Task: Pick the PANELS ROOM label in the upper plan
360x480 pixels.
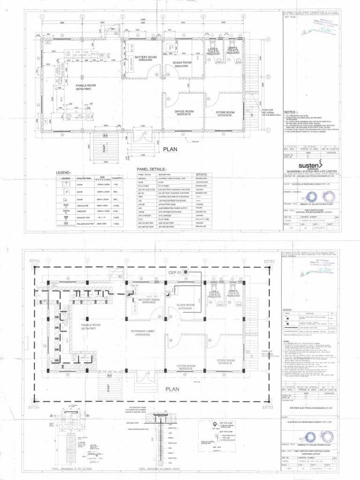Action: (x=86, y=87)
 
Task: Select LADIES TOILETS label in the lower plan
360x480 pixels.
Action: (x=214, y=294)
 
